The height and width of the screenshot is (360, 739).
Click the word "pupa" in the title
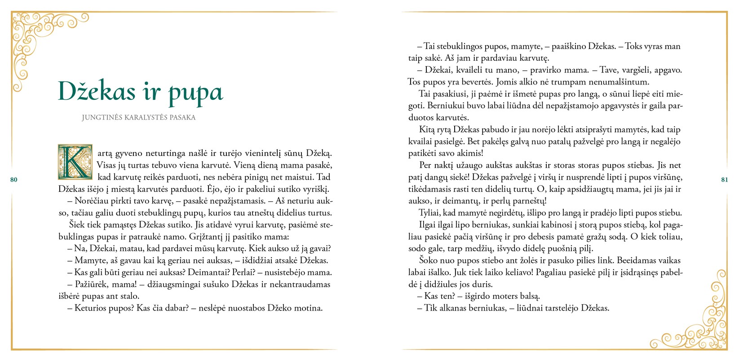[x=195, y=93]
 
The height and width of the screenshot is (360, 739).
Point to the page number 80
[x=14, y=180]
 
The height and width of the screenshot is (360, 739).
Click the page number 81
[x=724, y=180]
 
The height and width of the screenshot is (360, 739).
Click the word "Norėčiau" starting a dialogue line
[x=84, y=201]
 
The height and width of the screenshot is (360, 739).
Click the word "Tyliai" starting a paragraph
[x=430, y=213]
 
